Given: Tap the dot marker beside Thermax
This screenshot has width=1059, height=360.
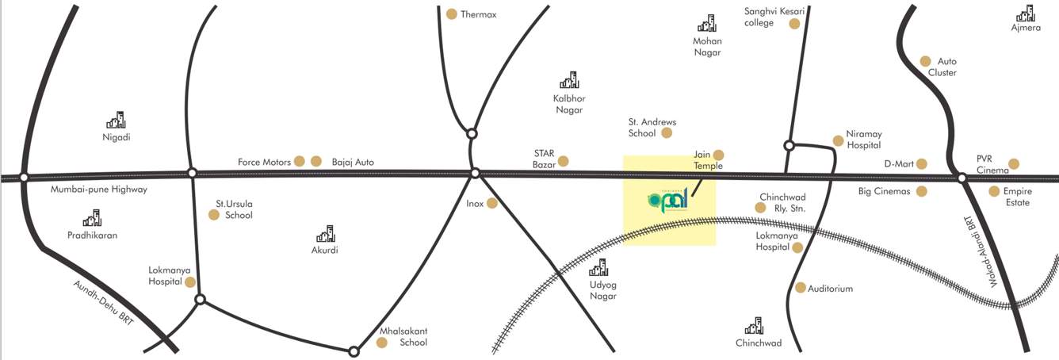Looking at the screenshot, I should [x=452, y=13].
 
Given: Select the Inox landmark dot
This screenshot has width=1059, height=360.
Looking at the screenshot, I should [x=492, y=203].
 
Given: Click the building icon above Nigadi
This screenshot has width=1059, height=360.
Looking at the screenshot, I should [x=116, y=120].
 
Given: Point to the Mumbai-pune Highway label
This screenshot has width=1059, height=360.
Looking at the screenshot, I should [x=99, y=190].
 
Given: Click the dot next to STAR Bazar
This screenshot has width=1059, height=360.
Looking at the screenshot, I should [x=563, y=161].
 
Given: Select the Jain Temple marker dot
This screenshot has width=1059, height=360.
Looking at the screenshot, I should [x=719, y=155].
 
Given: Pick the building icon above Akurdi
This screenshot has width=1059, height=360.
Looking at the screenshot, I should [x=325, y=234].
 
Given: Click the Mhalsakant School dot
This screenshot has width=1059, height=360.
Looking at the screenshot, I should [x=381, y=343].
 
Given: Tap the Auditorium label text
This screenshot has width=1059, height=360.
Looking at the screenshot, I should [x=830, y=289].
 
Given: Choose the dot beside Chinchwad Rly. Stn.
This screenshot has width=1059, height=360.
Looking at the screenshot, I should [x=760, y=208].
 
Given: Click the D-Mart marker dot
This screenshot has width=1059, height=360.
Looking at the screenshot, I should [x=921, y=164].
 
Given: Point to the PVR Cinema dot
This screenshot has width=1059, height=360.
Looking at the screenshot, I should [x=1014, y=164].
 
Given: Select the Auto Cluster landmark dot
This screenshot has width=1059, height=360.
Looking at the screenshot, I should [x=925, y=61].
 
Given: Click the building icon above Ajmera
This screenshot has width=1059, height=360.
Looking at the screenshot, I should [x=1025, y=13].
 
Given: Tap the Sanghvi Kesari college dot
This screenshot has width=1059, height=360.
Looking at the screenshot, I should [x=794, y=24].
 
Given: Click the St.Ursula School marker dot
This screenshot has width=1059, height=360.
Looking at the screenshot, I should [x=213, y=215].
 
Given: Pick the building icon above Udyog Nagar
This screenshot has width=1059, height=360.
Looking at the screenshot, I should [x=602, y=267].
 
